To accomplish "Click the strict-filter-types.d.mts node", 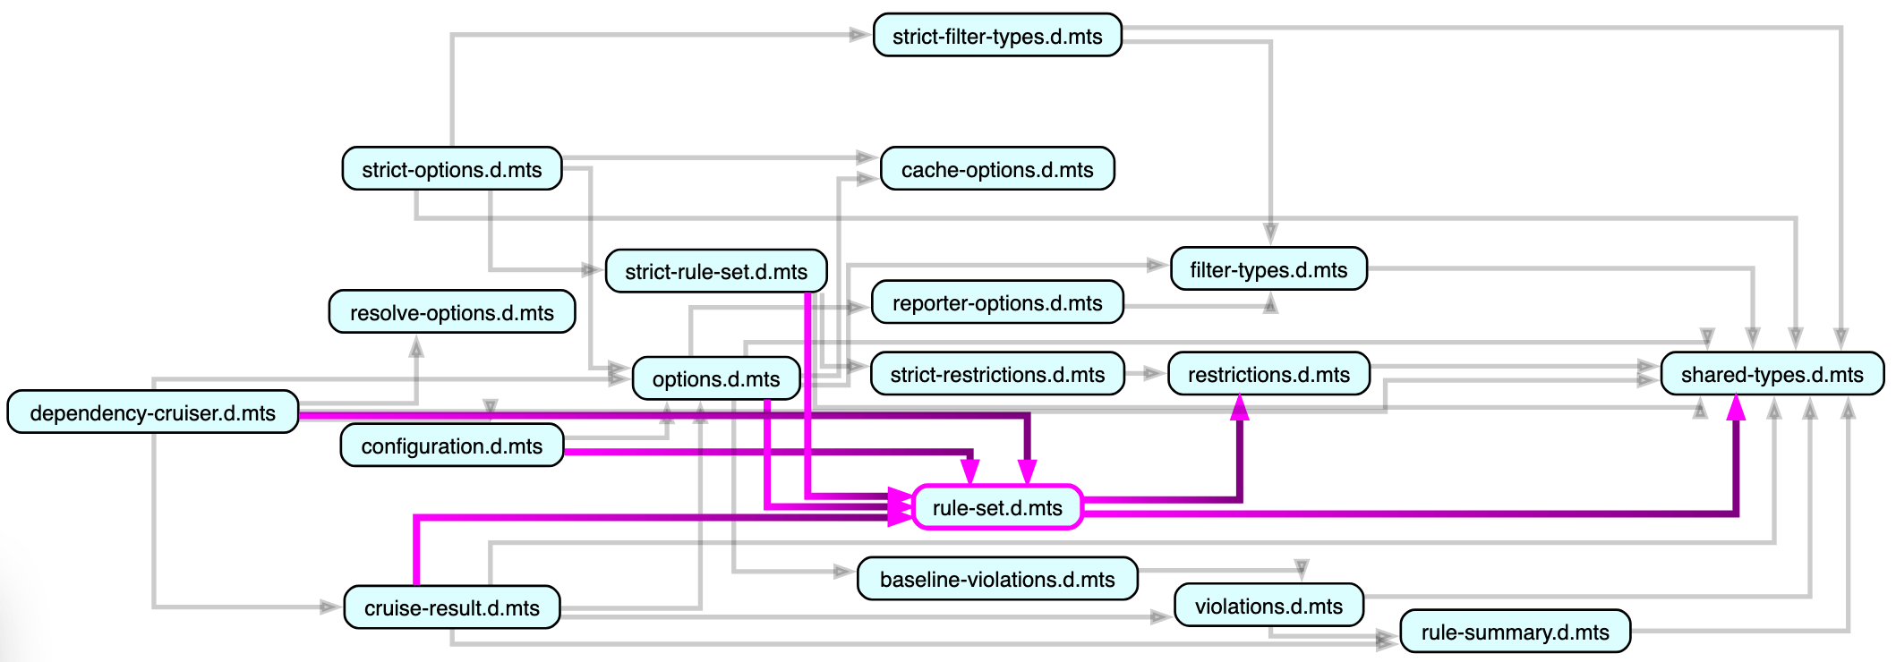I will click(x=997, y=36).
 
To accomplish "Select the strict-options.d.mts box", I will click(x=451, y=169).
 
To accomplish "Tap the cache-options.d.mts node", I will click(x=997, y=169).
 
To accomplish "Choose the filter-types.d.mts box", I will click(x=1268, y=269).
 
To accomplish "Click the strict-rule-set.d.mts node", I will click(x=715, y=271).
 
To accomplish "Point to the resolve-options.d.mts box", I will click(x=451, y=312).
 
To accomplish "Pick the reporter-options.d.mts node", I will click(x=997, y=302).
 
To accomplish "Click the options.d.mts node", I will click(x=715, y=378).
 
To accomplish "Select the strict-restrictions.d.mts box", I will click(x=997, y=374).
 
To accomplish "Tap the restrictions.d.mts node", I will click(x=1268, y=374).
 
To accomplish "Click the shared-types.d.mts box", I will click(x=1772, y=374).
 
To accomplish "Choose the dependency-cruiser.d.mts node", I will click(x=152, y=412).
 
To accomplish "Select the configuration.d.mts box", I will click(x=451, y=446).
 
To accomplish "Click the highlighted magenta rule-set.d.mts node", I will click(x=997, y=507).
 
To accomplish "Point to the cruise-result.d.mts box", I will click(x=451, y=607).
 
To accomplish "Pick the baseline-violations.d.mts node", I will click(x=997, y=579).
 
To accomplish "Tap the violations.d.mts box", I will click(x=1268, y=606).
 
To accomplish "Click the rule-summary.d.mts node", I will click(x=1515, y=632).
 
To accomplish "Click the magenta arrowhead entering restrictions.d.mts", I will click(x=1240, y=408).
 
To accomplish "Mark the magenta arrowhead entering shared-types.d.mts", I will click(x=1736, y=408).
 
